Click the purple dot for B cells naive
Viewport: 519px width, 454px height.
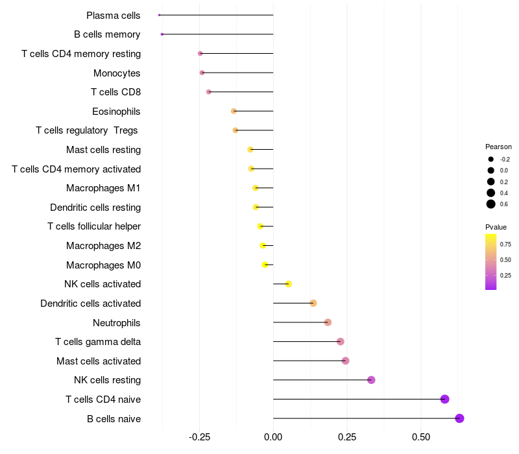[459, 418]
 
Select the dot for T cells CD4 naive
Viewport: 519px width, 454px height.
[444, 399]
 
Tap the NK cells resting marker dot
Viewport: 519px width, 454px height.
[371, 380]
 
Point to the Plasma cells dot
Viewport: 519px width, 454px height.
[159, 15]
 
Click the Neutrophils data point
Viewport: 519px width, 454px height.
[328, 322]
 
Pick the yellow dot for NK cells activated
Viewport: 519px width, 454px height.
[289, 284]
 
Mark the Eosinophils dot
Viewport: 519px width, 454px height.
[234, 112]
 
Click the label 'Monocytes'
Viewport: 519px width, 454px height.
[117, 73]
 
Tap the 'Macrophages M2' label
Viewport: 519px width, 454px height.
[103, 246]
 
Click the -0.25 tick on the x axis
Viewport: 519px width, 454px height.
[200, 437]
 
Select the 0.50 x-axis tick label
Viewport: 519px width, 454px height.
[421, 437]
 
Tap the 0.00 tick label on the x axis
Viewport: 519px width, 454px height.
[273, 437]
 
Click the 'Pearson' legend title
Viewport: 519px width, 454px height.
[498, 147]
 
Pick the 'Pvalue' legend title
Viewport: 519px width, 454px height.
[496, 227]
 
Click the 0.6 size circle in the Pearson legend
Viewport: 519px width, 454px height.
[491, 204]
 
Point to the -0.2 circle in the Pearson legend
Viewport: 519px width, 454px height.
[491, 159]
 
